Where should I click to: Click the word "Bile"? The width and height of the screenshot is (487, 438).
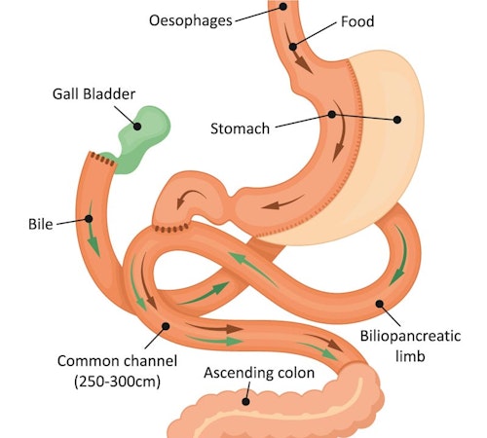38,223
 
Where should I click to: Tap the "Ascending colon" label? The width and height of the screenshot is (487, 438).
257,372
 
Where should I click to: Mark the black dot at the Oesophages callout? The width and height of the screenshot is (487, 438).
282,6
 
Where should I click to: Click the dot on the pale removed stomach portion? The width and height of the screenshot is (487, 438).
396,120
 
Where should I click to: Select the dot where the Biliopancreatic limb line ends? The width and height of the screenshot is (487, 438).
378,304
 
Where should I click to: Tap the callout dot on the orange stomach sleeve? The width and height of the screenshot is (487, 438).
332,114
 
